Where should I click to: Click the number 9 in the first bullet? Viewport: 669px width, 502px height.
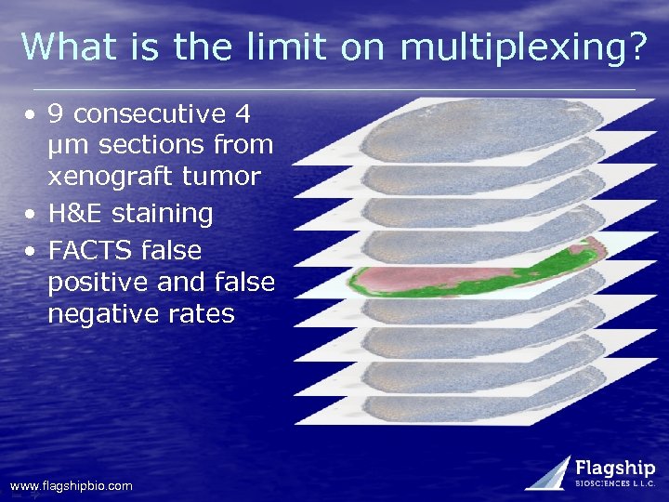coord(56,114)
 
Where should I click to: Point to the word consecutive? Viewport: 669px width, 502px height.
coord(150,114)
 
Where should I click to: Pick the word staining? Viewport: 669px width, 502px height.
coord(164,214)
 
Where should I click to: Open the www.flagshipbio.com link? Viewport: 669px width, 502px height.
coord(71,485)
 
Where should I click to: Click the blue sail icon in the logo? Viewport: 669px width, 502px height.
coord(550,472)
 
